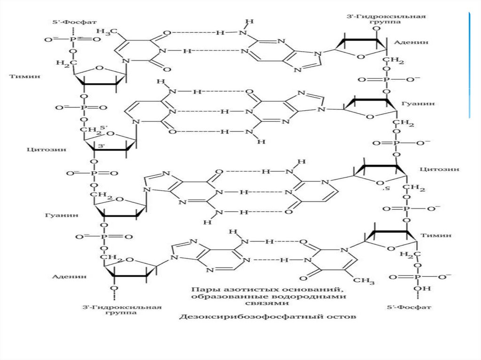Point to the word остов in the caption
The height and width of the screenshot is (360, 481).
click(x=343, y=317)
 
